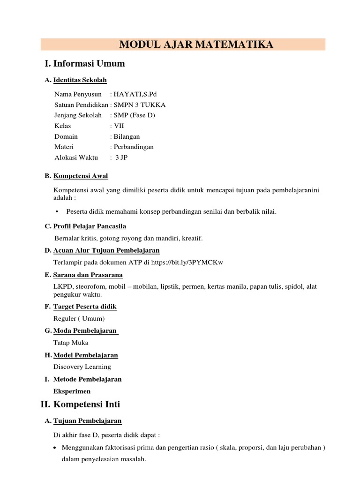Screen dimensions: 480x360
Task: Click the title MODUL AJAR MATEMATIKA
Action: (x=196, y=45)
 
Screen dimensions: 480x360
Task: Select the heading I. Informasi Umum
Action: (x=84, y=63)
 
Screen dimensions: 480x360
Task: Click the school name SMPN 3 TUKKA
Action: (x=139, y=105)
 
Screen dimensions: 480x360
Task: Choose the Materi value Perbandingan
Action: (x=133, y=147)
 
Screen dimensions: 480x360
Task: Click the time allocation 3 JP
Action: (x=121, y=157)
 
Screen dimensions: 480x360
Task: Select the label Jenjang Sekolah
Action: (x=78, y=115)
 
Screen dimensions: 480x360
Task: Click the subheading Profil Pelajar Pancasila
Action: (x=90, y=226)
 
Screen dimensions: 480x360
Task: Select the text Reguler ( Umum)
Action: (x=79, y=319)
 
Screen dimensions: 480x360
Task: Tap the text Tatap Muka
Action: (x=71, y=343)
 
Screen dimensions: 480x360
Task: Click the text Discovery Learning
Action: (x=82, y=367)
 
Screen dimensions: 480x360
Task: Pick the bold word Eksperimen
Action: (x=72, y=391)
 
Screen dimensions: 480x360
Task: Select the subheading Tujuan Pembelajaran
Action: (x=88, y=421)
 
